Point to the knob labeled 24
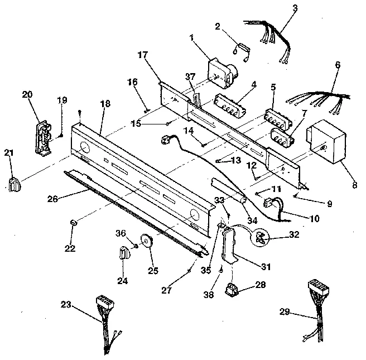(x=124, y=255)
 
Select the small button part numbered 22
(x=73, y=223)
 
